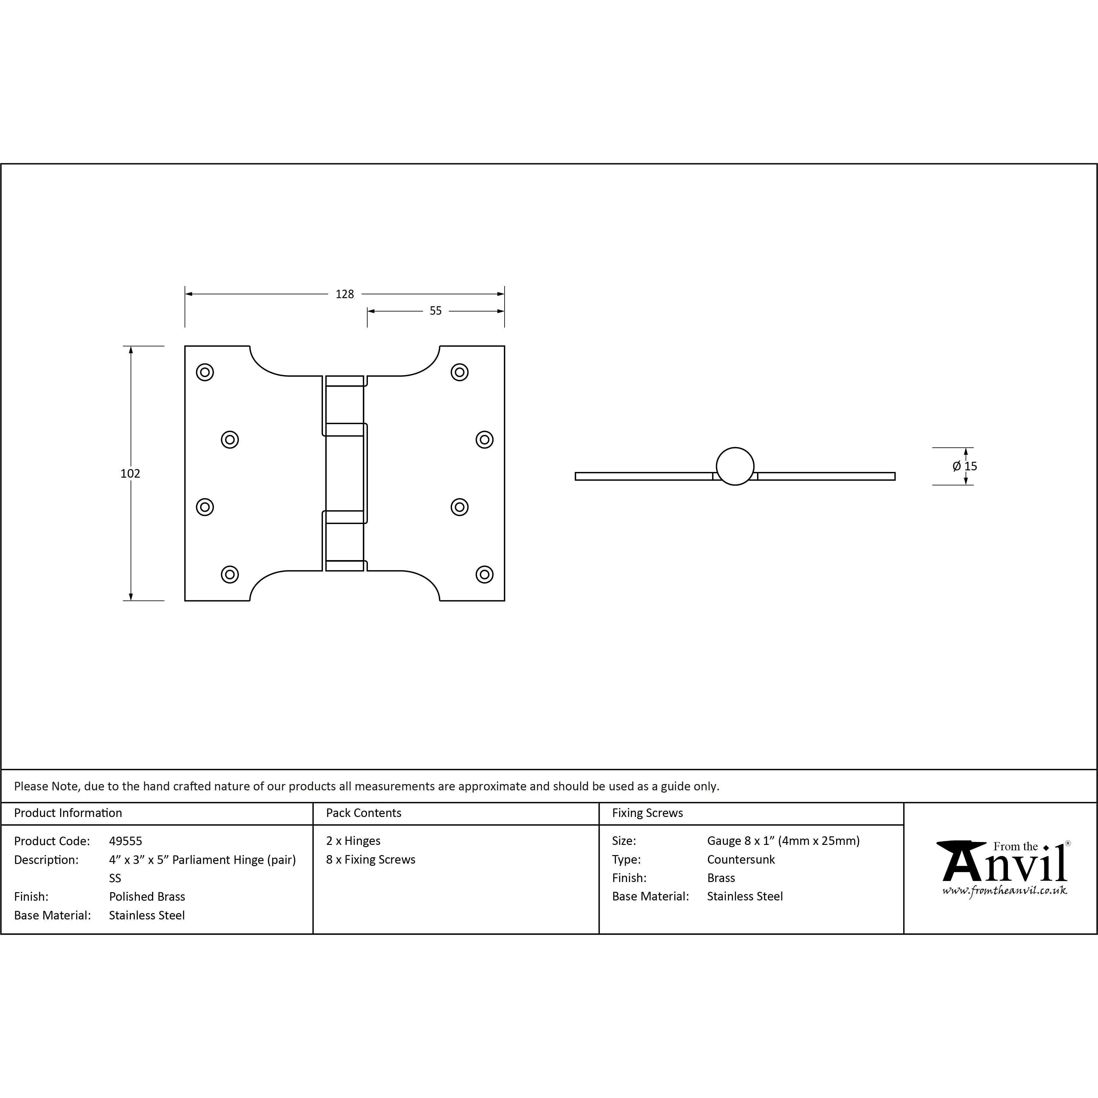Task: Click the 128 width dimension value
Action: [x=344, y=294]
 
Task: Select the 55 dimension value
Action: [x=435, y=311]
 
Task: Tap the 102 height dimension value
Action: [x=130, y=474]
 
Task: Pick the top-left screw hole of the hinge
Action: [x=205, y=372]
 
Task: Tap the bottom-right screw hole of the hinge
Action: [x=484, y=575]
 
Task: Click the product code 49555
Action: [x=126, y=841]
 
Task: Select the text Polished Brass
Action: [x=147, y=897]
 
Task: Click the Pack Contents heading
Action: [x=364, y=813]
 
